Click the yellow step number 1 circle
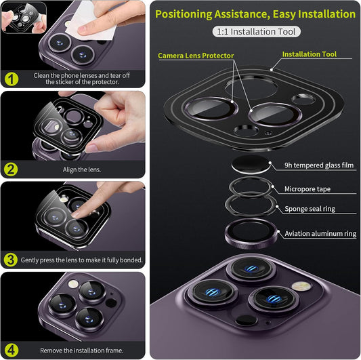[12, 79]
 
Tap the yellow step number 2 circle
[11, 169]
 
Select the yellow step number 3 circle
[11, 260]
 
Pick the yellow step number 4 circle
[12, 351]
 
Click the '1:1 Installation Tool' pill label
[256, 32]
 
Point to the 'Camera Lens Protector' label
[196, 56]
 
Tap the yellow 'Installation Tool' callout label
[310, 54]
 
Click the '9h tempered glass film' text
[319, 165]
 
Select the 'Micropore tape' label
[307, 189]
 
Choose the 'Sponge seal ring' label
[310, 209]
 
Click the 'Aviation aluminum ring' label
[320, 234]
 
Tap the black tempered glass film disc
[251, 164]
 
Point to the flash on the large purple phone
[301, 286]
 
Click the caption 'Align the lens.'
[82, 169]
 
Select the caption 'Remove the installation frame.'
[82, 351]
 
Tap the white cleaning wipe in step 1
[92, 22]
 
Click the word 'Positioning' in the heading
[184, 14]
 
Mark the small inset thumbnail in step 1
[24, 18]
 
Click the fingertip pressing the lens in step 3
[76, 215]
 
